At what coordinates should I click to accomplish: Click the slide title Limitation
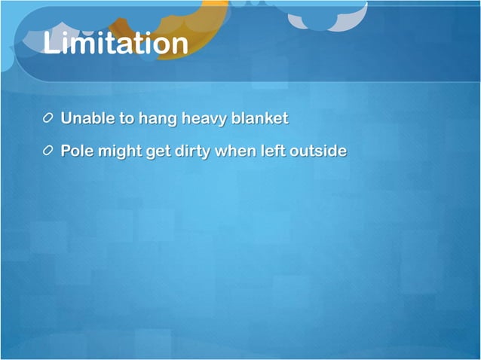tap(115, 43)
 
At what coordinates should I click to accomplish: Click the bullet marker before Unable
tap(48, 119)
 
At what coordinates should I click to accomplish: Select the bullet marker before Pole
tap(48, 151)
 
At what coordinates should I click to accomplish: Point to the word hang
tap(156, 120)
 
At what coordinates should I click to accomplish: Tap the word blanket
tap(261, 119)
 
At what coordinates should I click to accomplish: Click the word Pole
tap(76, 151)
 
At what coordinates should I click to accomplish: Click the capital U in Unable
tap(66, 119)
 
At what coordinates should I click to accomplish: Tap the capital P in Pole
tap(66, 151)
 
